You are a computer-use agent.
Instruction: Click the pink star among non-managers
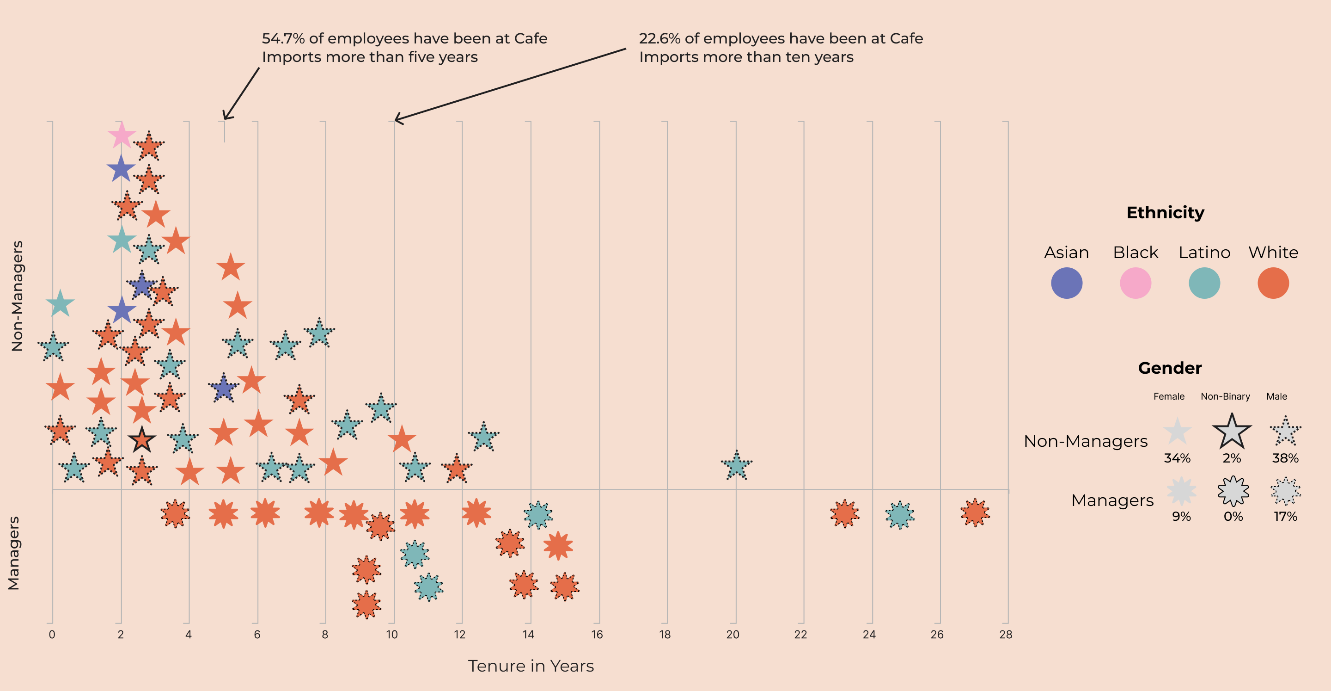pyautogui.click(x=122, y=136)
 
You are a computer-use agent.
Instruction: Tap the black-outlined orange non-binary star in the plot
pyautogui.click(x=141, y=440)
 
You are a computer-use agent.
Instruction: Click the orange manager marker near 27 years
pyautogui.click(x=975, y=513)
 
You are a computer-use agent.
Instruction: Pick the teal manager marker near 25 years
pyautogui.click(x=899, y=515)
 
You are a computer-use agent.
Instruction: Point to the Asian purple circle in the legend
pyautogui.click(x=1067, y=283)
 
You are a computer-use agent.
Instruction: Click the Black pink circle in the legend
pyautogui.click(x=1135, y=283)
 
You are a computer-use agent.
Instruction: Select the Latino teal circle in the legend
pyautogui.click(x=1204, y=283)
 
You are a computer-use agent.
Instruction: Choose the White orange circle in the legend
pyautogui.click(x=1273, y=283)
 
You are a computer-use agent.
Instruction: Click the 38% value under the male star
pyautogui.click(x=1285, y=458)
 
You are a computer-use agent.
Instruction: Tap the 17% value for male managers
pyautogui.click(x=1285, y=516)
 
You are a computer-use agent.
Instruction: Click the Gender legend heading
pyautogui.click(x=1170, y=368)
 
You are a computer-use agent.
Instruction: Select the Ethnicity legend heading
pyautogui.click(x=1165, y=213)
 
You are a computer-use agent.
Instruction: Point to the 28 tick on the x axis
pyautogui.click(x=1006, y=635)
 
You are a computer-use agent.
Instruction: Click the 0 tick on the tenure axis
pyautogui.click(x=52, y=635)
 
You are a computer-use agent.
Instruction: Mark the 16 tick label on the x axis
pyautogui.click(x=597, y=635)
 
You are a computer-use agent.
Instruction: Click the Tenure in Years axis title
pyautogui.click(x=531, y=666)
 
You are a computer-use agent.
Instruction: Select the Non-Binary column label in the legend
pyautogui.click(x=1225, y=397)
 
